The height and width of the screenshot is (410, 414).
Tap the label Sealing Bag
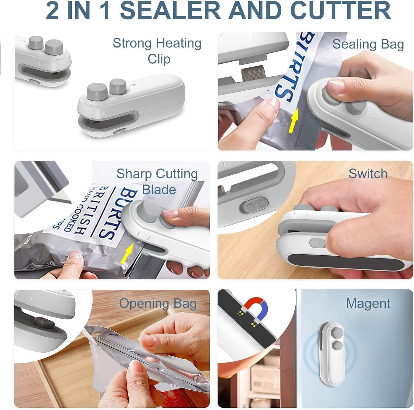[368, 44]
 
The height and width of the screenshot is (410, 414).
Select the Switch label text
[368, 174]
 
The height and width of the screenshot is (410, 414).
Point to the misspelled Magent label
[368, 303]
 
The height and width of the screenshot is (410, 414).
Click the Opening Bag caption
[158, 304]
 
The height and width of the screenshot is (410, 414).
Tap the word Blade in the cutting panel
[159, 190]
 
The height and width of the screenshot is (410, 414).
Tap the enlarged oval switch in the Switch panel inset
[253, 205]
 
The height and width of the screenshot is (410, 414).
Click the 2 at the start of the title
[52, 10]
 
